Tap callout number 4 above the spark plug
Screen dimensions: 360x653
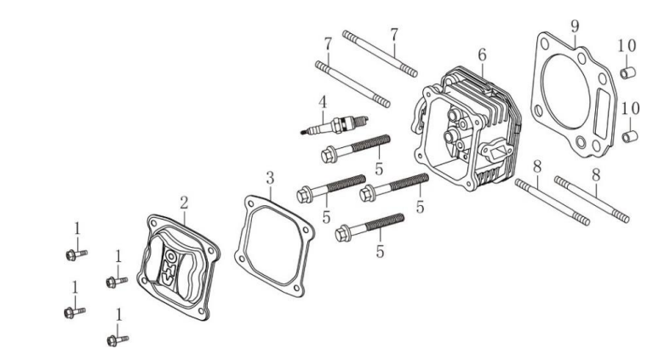(323, 103)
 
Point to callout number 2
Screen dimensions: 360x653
(182, 203)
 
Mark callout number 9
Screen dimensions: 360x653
(575, 26)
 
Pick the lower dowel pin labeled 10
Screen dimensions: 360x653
(628, 134)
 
